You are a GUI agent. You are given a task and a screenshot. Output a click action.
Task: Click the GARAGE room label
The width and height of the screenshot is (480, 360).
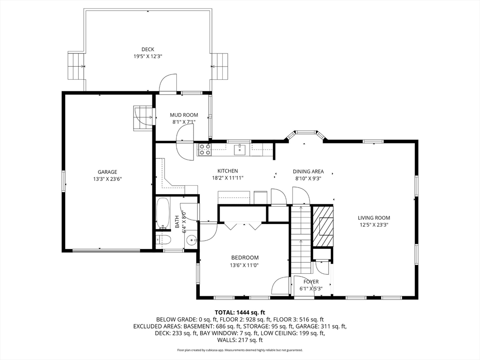[x=107, y=172]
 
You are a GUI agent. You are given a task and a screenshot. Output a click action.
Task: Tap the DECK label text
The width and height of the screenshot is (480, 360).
[x=148, y=49]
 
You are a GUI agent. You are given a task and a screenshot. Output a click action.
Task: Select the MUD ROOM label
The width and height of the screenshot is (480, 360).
[x=184, y=115]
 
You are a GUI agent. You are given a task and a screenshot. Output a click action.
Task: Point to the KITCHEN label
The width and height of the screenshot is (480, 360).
[x=227, y=171]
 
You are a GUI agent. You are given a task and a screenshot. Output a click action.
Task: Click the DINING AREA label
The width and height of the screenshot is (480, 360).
[x=308, y=172]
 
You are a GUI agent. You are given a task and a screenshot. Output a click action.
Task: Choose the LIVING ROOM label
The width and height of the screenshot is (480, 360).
[x=374, y=218]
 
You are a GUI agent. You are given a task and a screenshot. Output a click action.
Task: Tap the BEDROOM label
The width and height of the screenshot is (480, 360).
[x=245, y=258]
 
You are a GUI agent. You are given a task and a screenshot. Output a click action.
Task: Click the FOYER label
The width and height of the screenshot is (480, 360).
[x=311, y=282]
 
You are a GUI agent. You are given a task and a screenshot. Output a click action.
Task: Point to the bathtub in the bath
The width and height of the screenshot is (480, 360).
[x=163, y=214]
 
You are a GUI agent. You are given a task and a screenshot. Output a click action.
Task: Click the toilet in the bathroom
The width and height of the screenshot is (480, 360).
[x=163, y=240]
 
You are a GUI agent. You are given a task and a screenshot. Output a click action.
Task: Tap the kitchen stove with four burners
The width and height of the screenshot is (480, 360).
[x=205, y=150]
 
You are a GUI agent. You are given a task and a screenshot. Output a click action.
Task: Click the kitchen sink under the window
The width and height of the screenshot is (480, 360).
[x=240, y=150]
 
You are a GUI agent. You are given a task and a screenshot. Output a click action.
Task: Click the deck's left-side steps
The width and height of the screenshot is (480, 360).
[x=76, y=67]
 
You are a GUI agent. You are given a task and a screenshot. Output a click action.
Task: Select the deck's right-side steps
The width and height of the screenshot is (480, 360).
[x=219, y=66]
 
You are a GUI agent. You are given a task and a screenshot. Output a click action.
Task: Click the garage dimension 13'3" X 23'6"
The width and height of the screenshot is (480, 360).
[x=108, y=179]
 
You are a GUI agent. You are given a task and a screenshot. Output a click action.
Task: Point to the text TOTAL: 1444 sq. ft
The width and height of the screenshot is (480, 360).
[x=240, y=313]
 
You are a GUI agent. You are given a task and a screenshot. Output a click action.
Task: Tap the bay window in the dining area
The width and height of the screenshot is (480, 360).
[x=306, y=135]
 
